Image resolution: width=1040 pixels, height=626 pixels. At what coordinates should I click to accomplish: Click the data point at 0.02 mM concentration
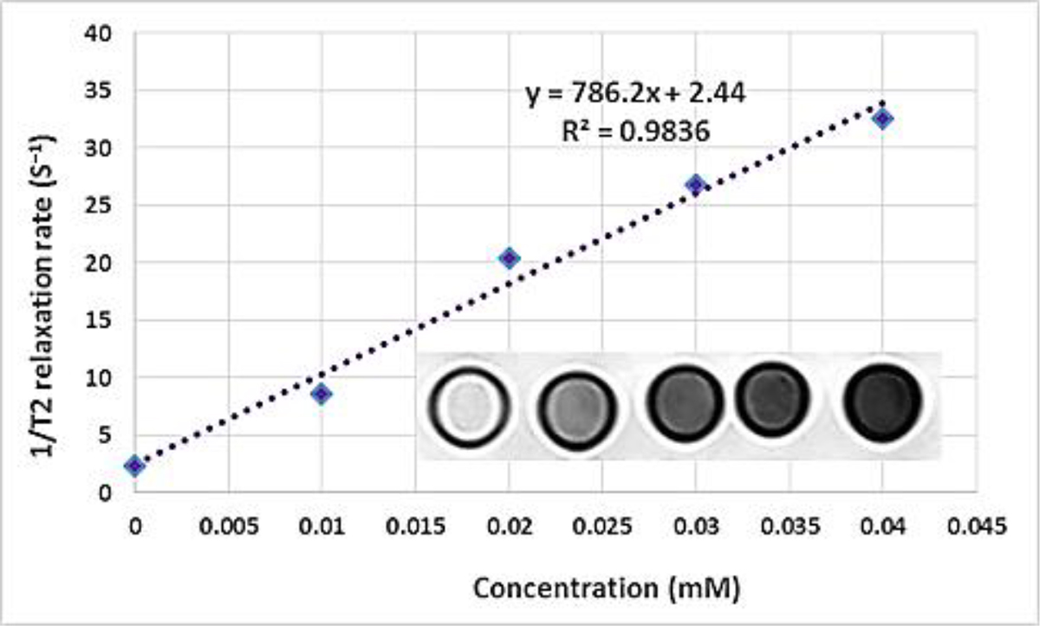(510, 258)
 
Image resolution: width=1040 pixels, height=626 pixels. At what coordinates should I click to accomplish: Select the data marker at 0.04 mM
(882, 119)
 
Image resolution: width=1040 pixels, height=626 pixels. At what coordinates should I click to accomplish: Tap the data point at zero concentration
(134, 466)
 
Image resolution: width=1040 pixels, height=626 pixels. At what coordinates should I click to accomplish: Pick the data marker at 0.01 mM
(322, 394)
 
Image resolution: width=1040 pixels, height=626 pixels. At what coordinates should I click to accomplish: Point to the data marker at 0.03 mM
(695, 184)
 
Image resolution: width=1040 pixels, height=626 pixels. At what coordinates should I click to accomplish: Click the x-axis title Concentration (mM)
(607, 589)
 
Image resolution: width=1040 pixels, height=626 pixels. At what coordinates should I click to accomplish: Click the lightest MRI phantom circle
(468, 403)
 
